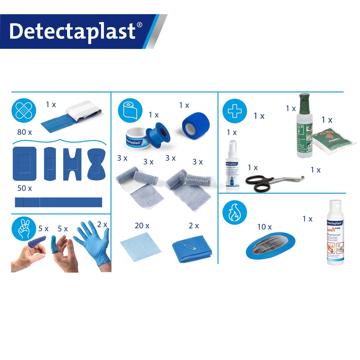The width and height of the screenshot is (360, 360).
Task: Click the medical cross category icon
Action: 234,111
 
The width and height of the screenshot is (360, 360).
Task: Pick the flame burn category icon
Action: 234,213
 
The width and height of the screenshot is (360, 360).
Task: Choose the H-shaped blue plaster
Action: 72,164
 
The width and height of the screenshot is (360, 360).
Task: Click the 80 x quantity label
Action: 25,133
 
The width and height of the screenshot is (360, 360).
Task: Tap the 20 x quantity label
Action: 142,226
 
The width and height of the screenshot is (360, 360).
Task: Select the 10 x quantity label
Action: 264,227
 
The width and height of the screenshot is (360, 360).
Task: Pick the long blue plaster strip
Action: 58,202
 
